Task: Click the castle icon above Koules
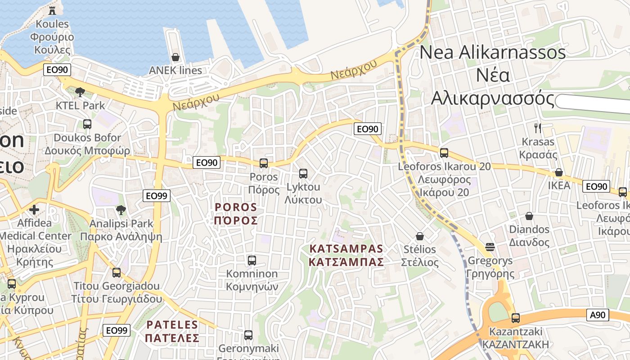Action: click(53, 10)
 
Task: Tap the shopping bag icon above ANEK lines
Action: click(175, 57)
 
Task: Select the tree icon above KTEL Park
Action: click(80, 92)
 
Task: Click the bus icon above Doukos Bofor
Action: click(87, 124)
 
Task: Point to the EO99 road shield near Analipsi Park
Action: click(157, 196)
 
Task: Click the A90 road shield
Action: click(598, 315)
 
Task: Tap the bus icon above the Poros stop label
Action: click(264, 163)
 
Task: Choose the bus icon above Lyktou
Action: click(303, 173)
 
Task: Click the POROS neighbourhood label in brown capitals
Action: click(236, 214)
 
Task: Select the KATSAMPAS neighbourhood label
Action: click(346, 255)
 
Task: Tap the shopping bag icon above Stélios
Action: click(420, 236)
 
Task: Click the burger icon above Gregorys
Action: click(490, 247)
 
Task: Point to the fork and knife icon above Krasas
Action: click(538, 128)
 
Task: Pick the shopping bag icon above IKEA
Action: click(559, 172)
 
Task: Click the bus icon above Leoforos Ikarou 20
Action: click(444, 153)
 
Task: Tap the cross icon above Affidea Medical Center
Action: click(34, 209)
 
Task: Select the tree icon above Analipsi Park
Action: click(121, 210)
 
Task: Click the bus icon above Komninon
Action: click(252, 260)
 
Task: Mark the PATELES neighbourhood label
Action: click(173, 331)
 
